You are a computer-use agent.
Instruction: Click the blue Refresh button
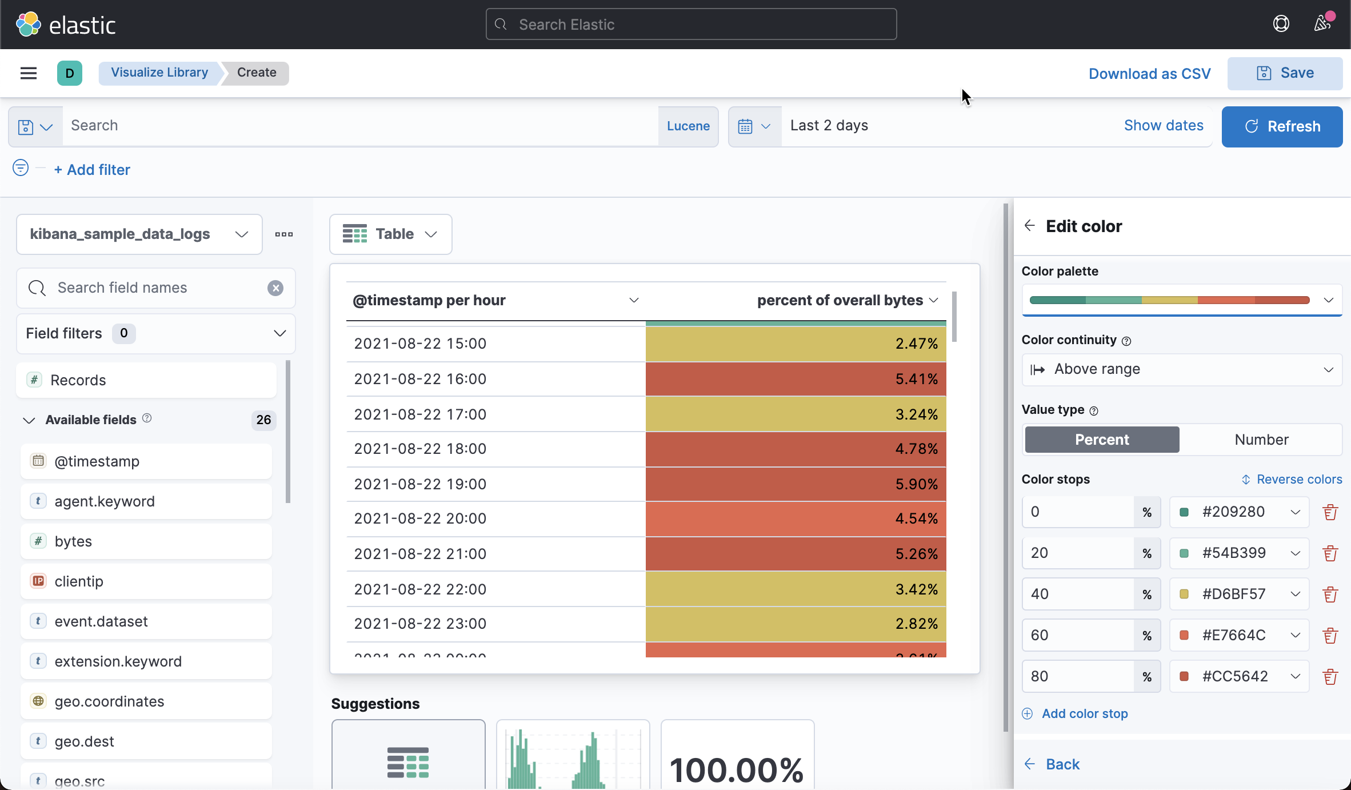coord(1282,126)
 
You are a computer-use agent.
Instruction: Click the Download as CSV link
coord(1149,74)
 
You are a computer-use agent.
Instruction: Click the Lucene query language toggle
coord(688,126)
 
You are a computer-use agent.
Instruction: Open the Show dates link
coord(1164,126)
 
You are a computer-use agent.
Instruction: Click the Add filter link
coord(92,170)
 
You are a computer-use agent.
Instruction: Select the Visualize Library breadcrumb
coord(159,73)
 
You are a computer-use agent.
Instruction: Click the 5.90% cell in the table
coord(796,484)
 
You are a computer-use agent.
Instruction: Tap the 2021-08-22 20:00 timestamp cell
coord(420,518)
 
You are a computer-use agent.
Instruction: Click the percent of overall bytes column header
coord(840,300)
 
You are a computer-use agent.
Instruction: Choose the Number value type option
coord(1261,440)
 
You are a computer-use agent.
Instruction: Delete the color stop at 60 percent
coord(1330,635)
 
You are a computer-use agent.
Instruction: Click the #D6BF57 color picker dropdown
coord(1239,594)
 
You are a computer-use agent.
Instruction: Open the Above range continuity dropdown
coord(1181,369)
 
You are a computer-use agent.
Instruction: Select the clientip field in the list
coord(79,581)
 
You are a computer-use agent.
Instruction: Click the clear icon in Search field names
coord(275,288)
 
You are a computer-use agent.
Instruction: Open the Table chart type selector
coord(390,234)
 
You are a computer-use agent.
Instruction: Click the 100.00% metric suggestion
coord(737,760)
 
